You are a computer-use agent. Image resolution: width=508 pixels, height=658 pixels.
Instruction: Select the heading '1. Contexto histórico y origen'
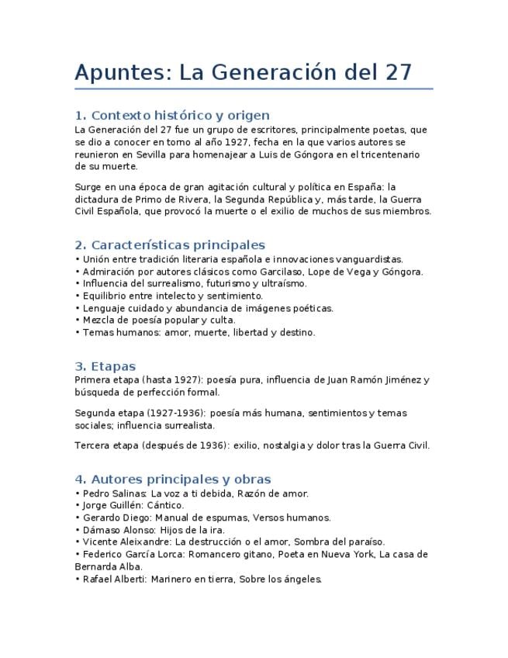pos(172,115)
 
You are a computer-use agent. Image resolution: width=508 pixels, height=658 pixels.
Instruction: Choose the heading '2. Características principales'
pos(170,245)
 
